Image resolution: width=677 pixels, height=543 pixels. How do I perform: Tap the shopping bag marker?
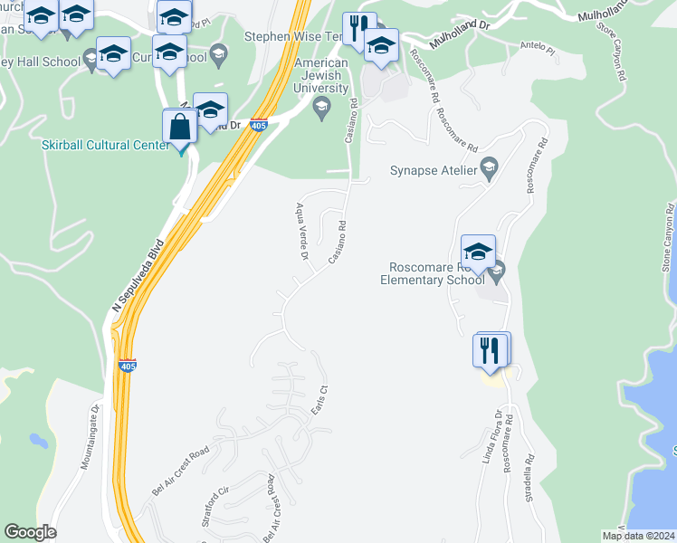(x=180, y=128)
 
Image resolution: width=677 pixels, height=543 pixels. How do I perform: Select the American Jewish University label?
(x=321, y=76)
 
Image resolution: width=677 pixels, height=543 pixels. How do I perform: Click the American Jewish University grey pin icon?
(x=320, y=107)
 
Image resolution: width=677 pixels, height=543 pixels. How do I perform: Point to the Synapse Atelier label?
(x=434, y=169)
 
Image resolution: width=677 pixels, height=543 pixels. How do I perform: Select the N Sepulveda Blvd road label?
(x=139, y=276)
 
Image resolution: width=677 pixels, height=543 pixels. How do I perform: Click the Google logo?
(x=30, y=532)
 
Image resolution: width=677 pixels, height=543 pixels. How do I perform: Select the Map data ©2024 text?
(x=638, y=536)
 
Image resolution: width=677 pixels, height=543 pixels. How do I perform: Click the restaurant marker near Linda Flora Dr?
(x=490, y=349)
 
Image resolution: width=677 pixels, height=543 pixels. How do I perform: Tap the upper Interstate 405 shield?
(x=259, y=125)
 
